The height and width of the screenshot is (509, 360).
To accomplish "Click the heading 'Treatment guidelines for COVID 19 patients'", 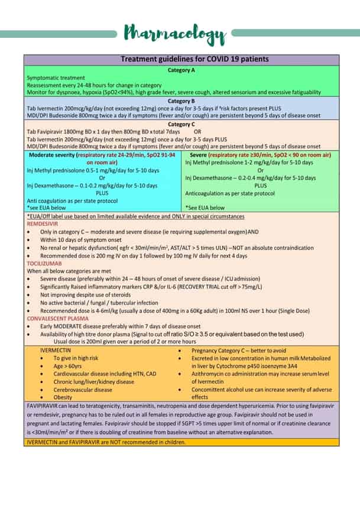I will [194, 59].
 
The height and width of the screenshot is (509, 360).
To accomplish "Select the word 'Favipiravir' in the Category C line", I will [51, 132].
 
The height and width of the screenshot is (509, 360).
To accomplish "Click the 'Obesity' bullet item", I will [63, 397].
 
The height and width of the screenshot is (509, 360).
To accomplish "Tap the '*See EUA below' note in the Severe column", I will [205, 208].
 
